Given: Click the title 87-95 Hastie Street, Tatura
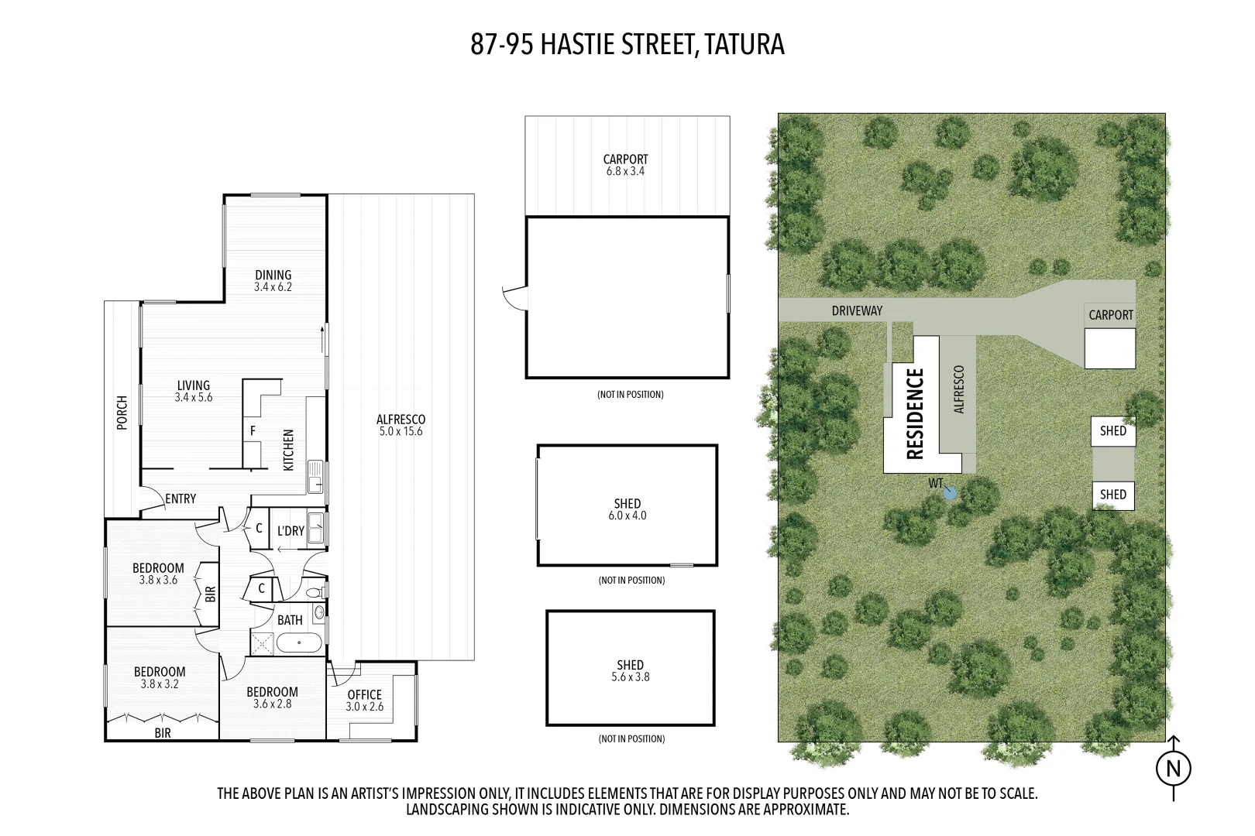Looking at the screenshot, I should click(627, 44).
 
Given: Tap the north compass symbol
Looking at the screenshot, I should click(1173, 769).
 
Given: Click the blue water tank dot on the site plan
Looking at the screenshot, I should click(951, 492).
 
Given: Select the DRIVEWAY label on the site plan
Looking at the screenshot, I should click(857, 310).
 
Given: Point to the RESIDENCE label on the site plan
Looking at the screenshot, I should click(915, 413).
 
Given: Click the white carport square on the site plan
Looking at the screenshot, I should click(1109, 348).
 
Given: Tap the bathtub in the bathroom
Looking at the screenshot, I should click(299, 643).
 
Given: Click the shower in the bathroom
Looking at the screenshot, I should click(262, 643).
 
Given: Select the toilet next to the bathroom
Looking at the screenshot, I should click(315, 592).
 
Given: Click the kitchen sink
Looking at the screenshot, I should click(315, 476).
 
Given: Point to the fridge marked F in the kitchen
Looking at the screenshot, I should click(253, 430).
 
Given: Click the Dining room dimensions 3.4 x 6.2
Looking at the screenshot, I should click(273, 287).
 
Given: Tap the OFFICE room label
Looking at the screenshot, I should click(364, 694).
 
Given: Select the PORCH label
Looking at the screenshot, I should click(122, 412).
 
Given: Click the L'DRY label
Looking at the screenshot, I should click(291, 531).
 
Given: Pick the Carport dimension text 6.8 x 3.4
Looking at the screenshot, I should click(625, 172).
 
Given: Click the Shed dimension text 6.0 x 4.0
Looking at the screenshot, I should click(627, 516).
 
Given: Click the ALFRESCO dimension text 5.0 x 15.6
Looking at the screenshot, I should click(401, 432).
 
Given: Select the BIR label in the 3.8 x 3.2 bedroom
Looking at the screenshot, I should click(163, 732).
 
